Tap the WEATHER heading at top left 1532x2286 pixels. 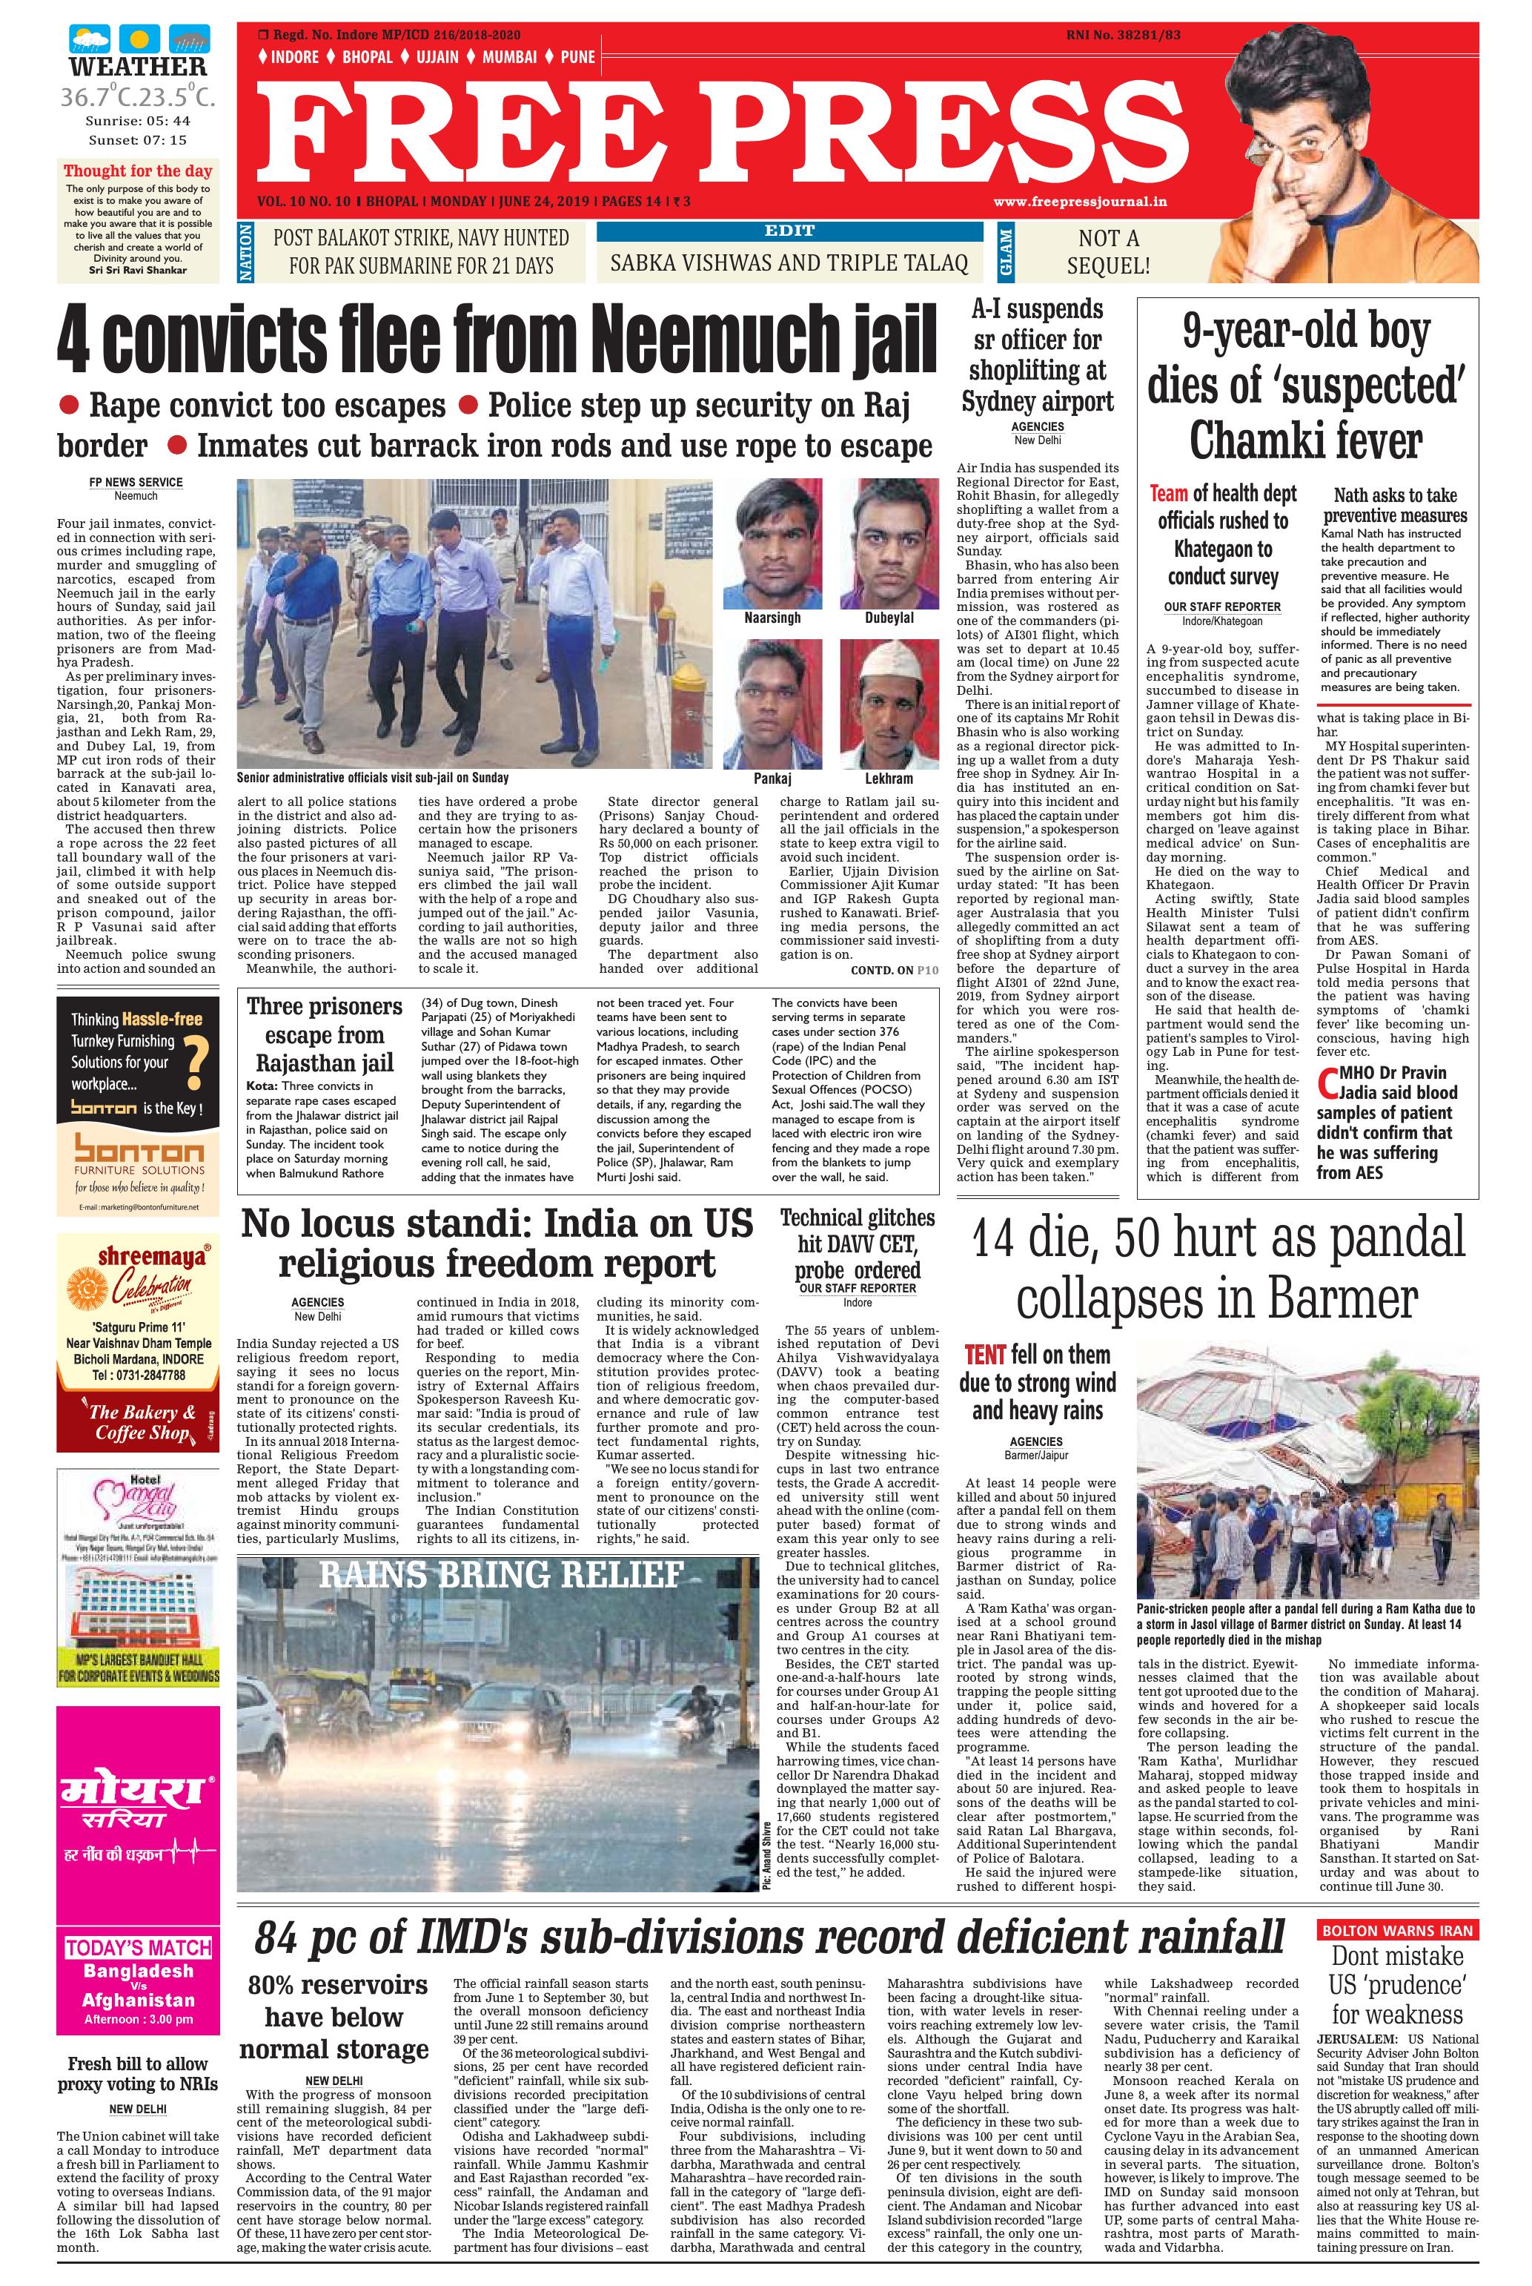click(138, 67)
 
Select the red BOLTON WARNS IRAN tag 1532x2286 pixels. click(1396, 1929)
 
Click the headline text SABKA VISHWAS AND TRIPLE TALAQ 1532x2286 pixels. click(789, 263)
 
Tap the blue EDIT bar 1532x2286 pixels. click(789, 231)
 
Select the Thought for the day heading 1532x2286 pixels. click(138, 170)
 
